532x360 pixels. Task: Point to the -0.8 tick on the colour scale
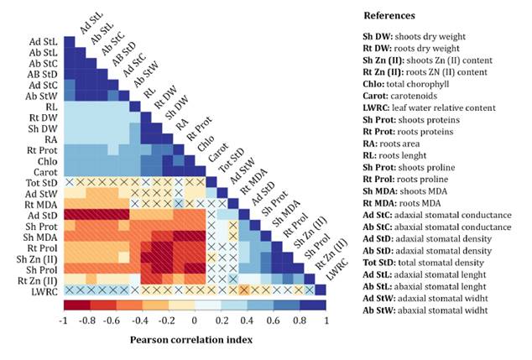[x=88, y=320]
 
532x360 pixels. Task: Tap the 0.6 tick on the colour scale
[x=273, y=320]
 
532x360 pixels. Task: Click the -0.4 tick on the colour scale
[x=141, y=320]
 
